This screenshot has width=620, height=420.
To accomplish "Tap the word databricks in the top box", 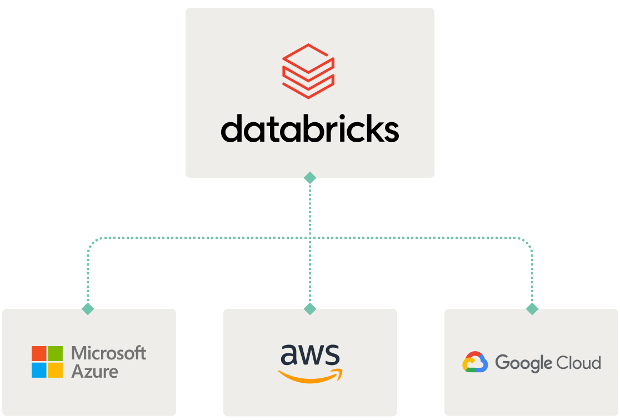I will coord(309,129).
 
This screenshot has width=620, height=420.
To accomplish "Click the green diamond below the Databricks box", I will coord(310,178).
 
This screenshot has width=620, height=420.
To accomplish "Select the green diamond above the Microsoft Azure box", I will coord(88,309).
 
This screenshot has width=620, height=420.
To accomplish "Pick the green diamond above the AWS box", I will coord(310,309).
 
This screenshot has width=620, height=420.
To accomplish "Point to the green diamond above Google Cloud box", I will coord(532,309).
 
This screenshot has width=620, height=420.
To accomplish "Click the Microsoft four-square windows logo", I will coord(47,362).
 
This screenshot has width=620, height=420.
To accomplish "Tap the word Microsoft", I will coord(109,353).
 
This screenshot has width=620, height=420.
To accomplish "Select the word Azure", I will coord(94,371).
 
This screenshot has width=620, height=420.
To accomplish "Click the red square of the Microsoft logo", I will coord(39,353).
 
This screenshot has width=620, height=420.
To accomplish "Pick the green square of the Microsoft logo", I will coord(56,353).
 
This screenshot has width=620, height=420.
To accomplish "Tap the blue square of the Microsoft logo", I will coord(39,370).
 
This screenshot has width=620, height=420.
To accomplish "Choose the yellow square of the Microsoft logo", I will coord(56,370).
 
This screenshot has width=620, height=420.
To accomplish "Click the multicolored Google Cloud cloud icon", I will coord(475,362).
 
